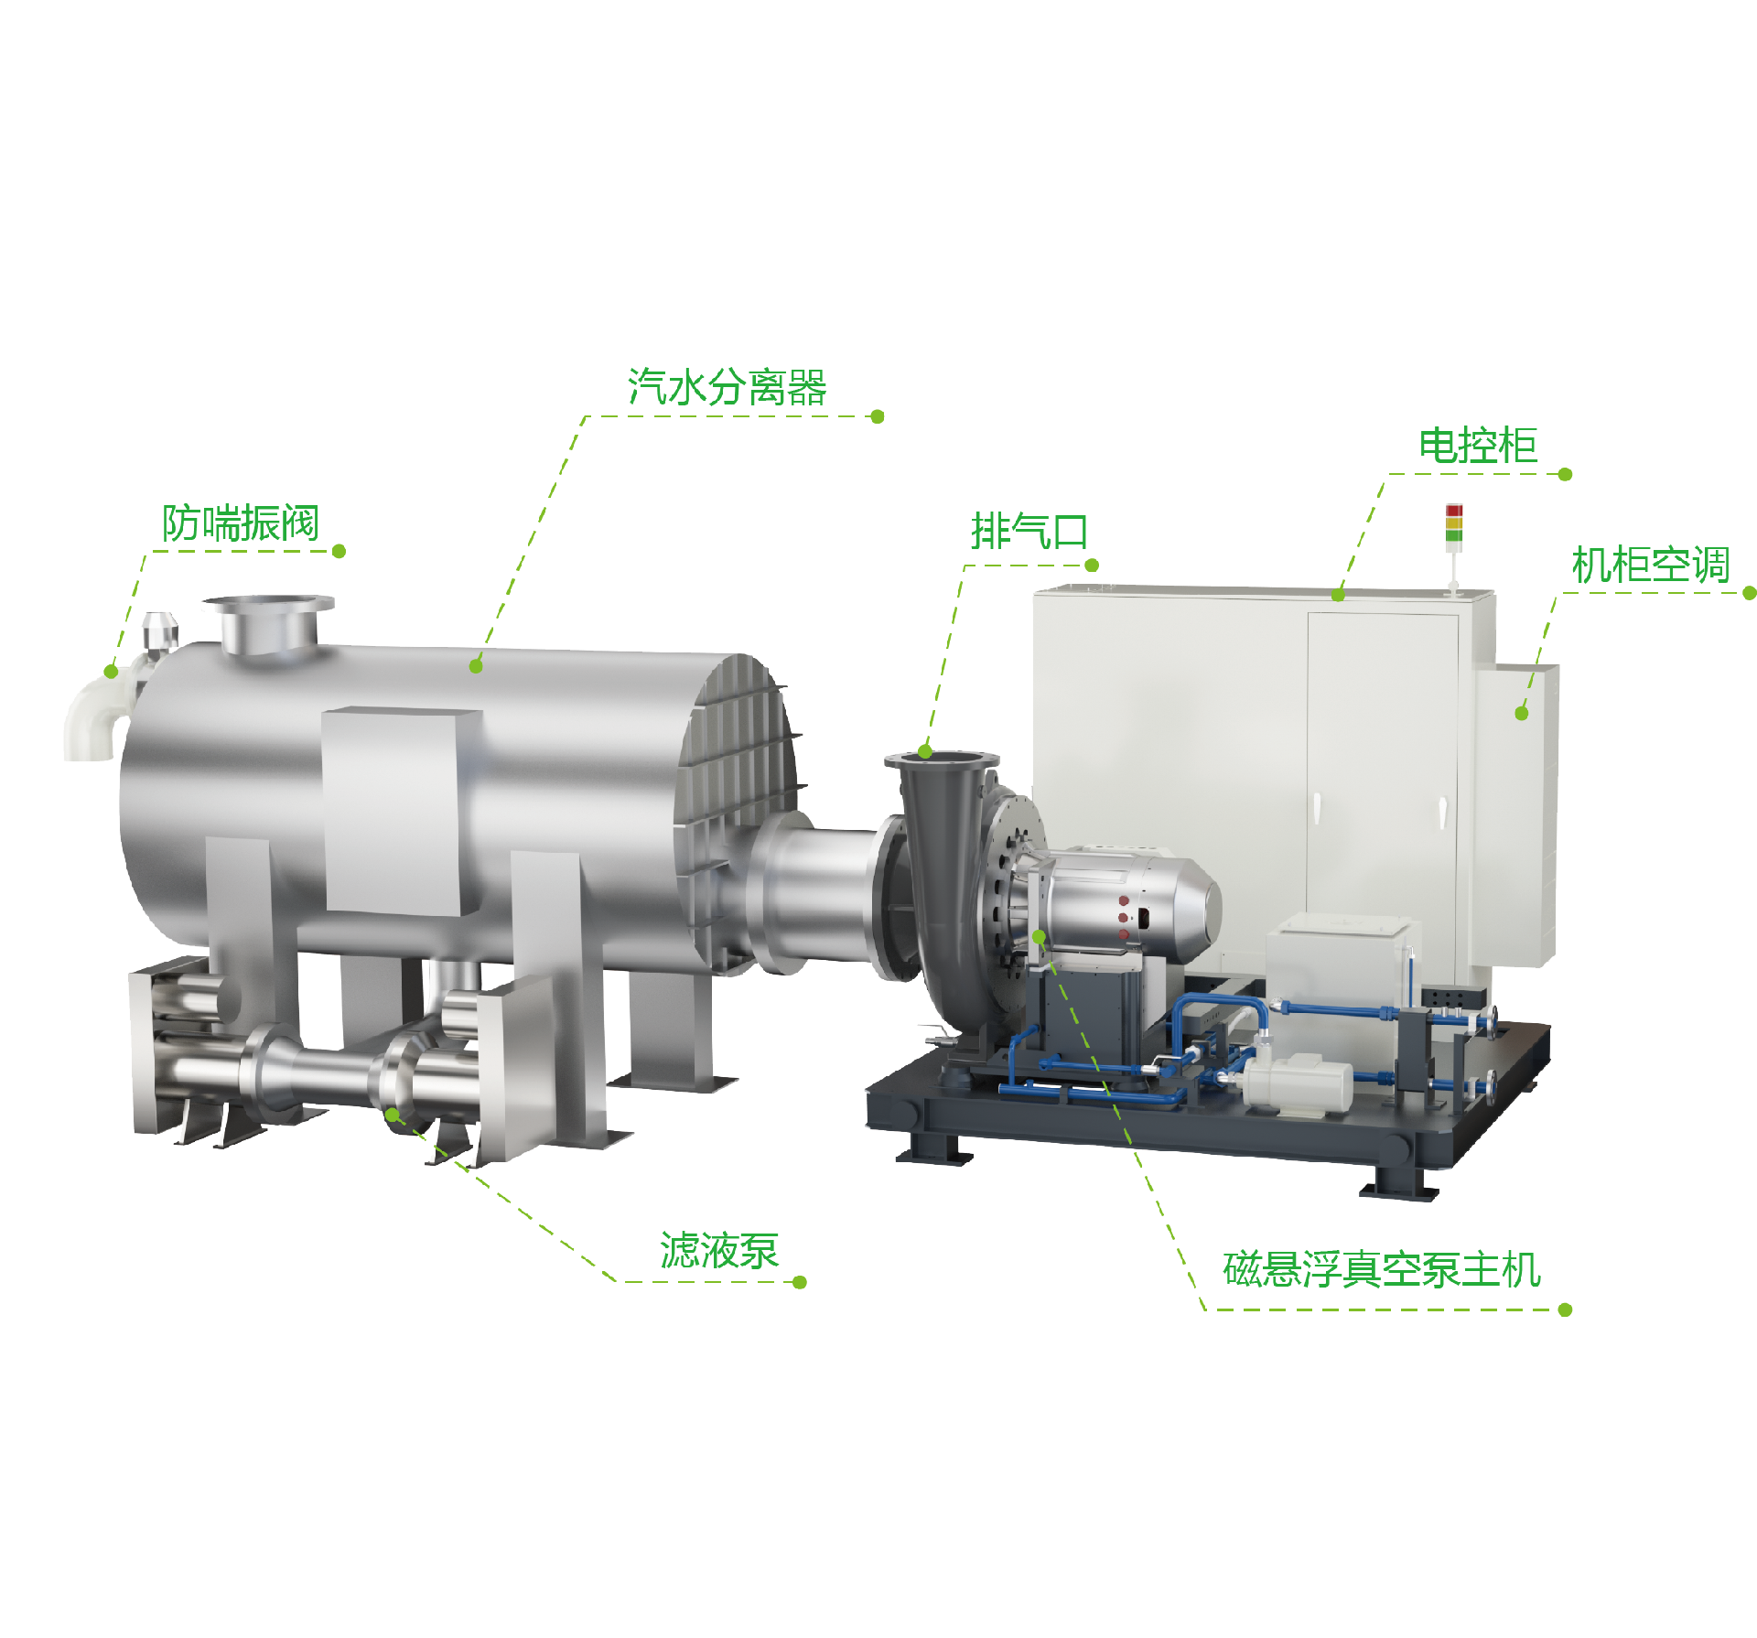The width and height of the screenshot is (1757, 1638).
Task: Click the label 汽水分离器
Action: coord(728,387)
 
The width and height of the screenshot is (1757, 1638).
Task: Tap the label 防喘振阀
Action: coord(241,523)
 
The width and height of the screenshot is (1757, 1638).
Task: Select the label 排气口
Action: coord(1029,532)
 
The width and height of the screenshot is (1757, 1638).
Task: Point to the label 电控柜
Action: coord(1478,446)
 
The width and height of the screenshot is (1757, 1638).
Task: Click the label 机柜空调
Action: coord(1651,565)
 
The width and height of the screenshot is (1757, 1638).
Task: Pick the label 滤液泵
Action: coord(719,1250)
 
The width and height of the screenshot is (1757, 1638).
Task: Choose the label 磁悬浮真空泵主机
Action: coord(1382,1270)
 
